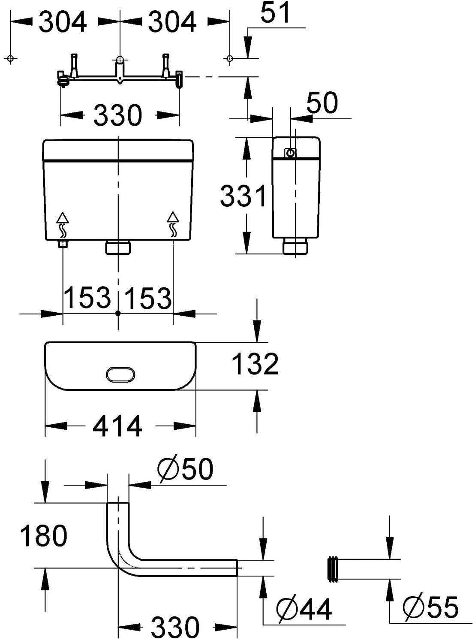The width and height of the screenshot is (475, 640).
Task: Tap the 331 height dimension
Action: click(x=243, y=196)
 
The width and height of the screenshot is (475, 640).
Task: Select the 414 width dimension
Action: click(x=117, y=426)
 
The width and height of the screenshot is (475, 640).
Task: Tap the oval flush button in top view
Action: click(x=120, y=374)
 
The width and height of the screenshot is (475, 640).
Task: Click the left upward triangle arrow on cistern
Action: click(x=63, y=217)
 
